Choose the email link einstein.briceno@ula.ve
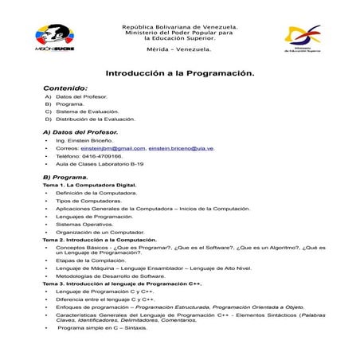[181, 148]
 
